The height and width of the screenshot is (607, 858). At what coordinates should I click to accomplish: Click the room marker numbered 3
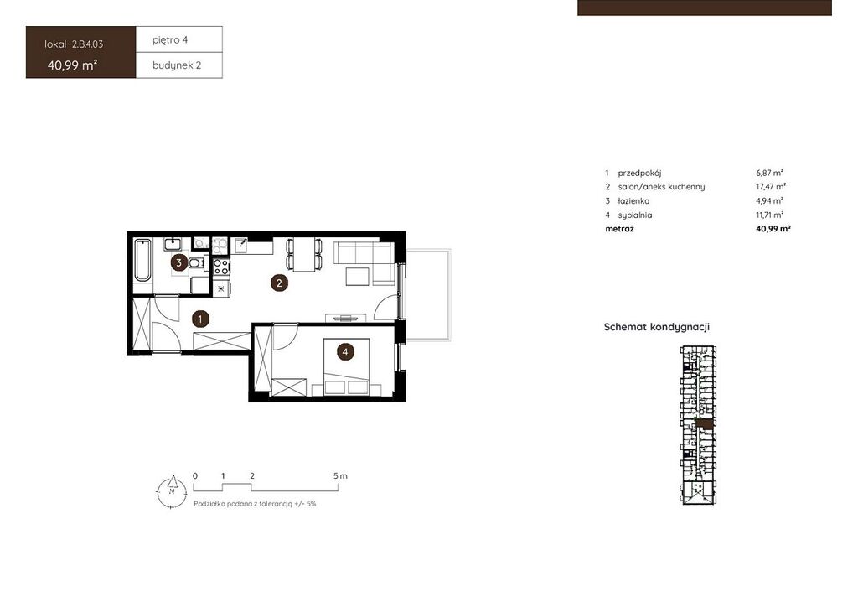click(178, 262)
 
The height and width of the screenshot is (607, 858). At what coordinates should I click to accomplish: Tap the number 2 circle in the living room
click(279, 283)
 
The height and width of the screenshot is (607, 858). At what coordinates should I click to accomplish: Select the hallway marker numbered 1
click(200, 319)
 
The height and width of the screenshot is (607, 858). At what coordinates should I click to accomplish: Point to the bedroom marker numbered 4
click(344, 352)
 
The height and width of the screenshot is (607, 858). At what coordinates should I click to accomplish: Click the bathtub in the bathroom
click(142, 260)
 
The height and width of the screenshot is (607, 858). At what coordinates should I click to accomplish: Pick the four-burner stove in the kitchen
click(221, 267)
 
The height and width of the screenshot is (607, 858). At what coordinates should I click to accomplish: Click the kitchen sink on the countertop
click(240, 245)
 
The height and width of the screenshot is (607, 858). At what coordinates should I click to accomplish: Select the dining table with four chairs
click(303, 255)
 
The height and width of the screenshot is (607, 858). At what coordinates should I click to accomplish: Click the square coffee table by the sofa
click(357, 277)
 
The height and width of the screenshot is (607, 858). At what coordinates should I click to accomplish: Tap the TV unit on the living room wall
click(346, 317)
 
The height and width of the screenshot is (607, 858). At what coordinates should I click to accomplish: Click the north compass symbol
click(172, 490)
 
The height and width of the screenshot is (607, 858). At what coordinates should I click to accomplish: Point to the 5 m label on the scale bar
click(340, 475)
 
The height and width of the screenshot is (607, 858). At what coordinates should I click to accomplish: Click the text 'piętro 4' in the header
click(170, 40)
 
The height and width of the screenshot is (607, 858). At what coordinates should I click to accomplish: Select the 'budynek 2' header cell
click(179, 65)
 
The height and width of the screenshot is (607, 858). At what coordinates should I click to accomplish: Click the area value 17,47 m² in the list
click(771, 187)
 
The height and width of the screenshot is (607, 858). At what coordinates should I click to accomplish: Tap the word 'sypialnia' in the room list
click(635, 215)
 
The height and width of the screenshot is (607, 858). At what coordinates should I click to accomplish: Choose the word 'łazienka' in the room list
click(633, 201)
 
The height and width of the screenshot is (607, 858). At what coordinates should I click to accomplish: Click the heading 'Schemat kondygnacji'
click(657, 327)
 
